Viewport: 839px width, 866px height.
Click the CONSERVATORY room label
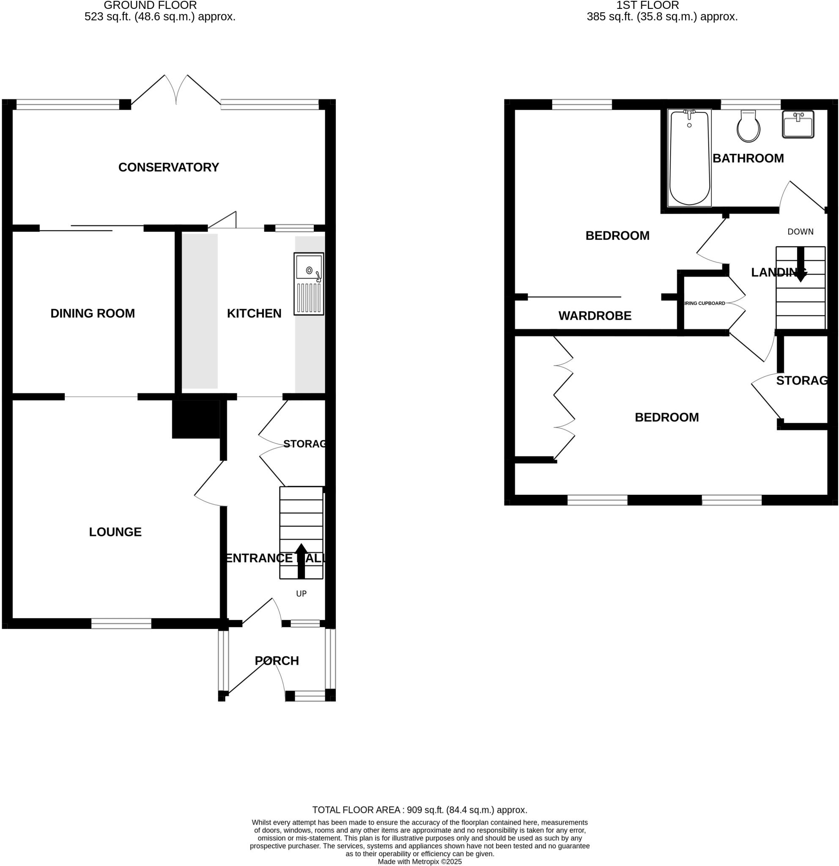(x=168, y=167)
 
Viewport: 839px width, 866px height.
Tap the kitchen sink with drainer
(x=308, y=284)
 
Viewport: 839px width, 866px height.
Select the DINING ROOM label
(x=92, y=314)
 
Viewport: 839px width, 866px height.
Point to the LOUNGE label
(x=115, y=532)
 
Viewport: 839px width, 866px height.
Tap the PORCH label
(x=277, y=661)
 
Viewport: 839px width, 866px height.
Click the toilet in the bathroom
(x=748, y=127)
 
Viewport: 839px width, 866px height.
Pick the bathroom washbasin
(x=798, y=124)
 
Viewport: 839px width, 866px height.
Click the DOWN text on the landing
(x=800, y=232)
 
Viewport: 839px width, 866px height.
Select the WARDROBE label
(x=595, y=316)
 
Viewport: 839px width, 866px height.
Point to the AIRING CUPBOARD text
(x=705, y=304)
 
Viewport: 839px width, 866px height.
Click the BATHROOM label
(x=748, y=159)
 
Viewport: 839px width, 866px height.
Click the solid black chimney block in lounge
(x=196, y=419)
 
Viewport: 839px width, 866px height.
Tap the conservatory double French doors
(x=176, y=90)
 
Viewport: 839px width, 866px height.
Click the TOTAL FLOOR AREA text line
(x=419, y=810)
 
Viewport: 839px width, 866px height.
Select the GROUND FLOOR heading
(x=150, y=6)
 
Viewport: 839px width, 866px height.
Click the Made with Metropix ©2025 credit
(x=419, y=862)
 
